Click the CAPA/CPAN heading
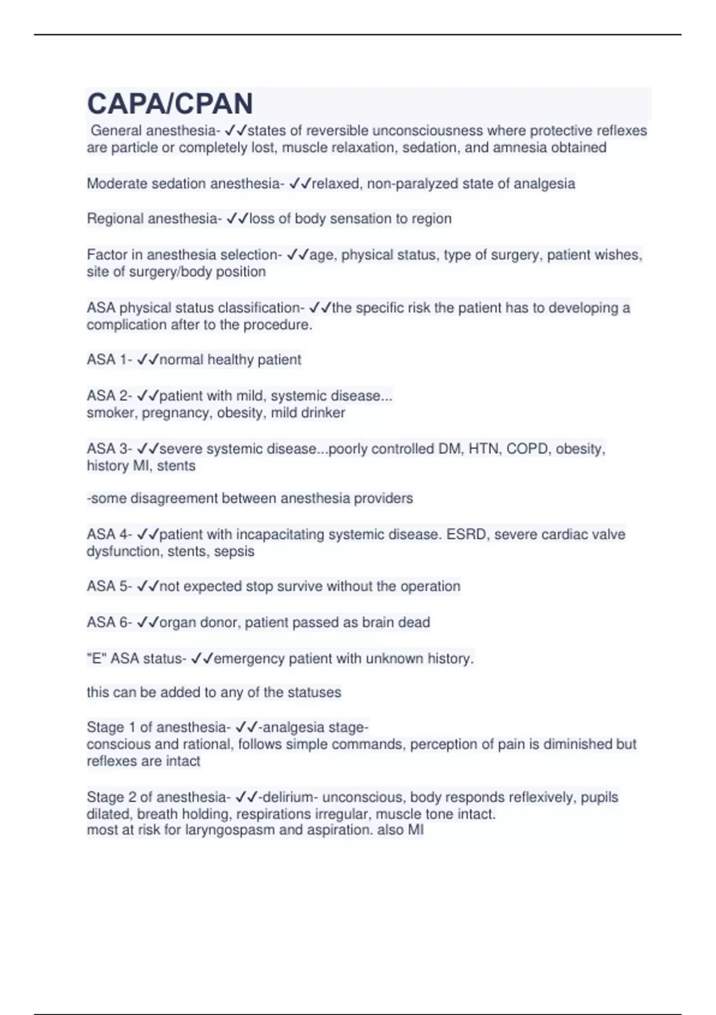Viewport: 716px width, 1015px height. [170, 104]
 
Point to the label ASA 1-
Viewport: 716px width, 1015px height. [110, 359]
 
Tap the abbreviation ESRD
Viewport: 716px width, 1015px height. [468, 534]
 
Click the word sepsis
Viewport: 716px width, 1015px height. [234, 551]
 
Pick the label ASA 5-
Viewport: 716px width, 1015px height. [110, 586]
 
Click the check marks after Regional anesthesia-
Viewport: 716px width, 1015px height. [237, 219]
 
